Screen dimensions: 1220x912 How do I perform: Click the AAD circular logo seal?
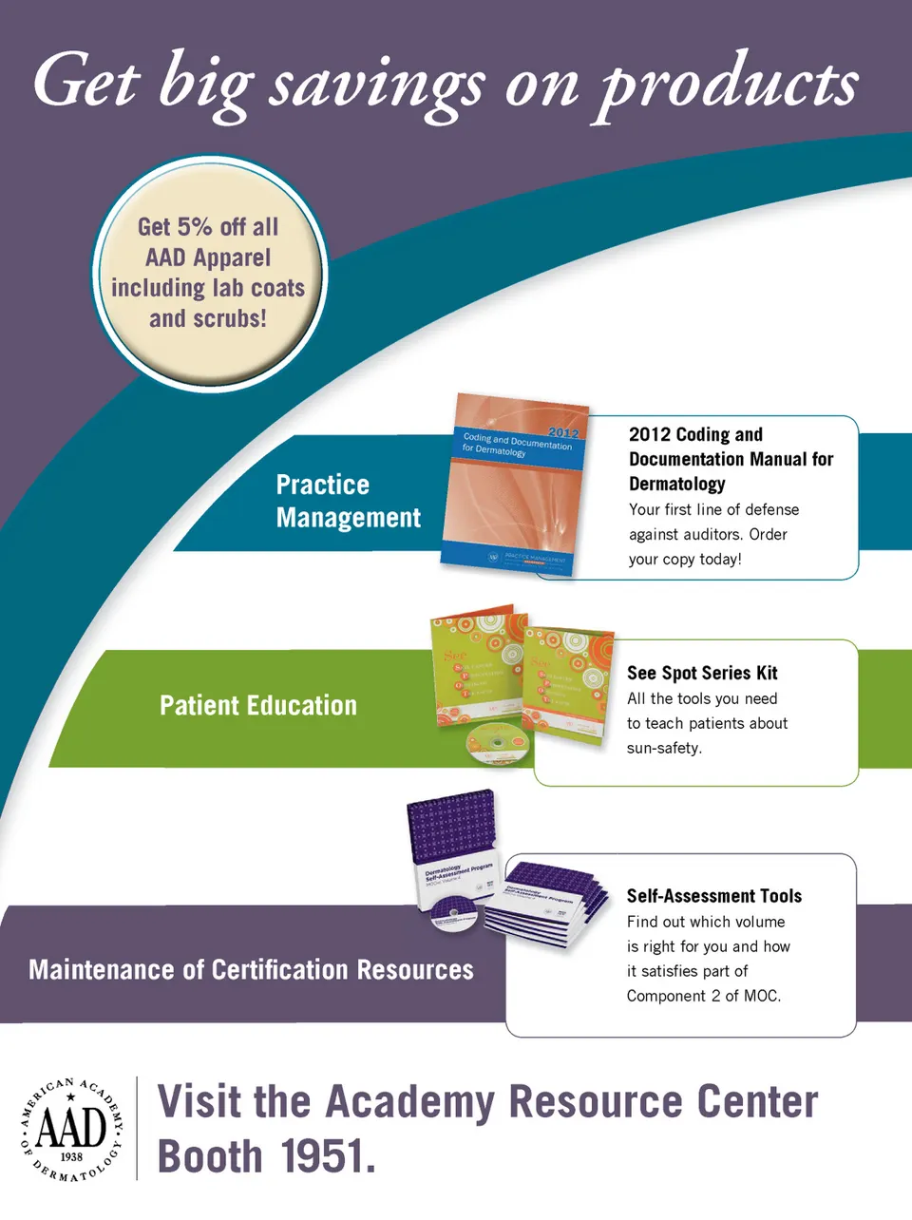pyautogui.click(x=71, y=1130)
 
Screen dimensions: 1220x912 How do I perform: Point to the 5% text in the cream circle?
pyautogui.click(x=194, y=227)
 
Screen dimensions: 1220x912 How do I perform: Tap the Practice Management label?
pyautogui.click(x=347, y=501)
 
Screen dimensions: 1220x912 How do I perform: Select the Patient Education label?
pyautogui.click(x=258, y=705)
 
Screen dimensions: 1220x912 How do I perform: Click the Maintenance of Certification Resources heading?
pyautogui.click(x=251, y=969)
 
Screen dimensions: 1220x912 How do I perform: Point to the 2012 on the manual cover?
pyautogui.click(x=563, y=432)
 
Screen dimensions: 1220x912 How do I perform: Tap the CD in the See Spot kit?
pyautogui.click(x=495, y=740)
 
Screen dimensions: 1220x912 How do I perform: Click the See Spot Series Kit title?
pyautogui.click(x=702, y=673)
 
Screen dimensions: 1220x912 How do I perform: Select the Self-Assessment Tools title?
pyautogui.click(x=713, y=896)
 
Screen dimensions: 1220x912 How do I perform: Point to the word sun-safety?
pyautogui.click(x=664, y=748)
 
